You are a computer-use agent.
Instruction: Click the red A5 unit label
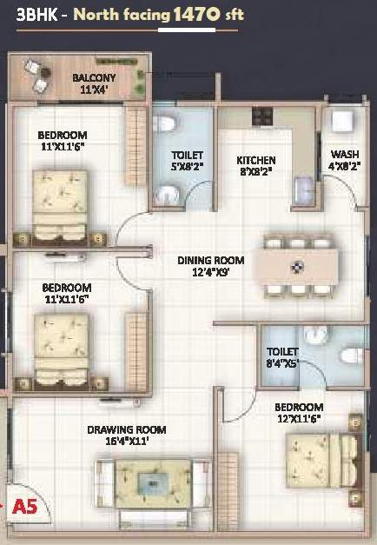coord(24,507)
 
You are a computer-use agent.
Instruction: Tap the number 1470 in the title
coord(196,15)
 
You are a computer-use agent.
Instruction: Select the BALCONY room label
coord(94,77)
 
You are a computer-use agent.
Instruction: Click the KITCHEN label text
coord(256,160)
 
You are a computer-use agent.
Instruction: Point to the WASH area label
coord(345,154)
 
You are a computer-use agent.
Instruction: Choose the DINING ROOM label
coord(210,261)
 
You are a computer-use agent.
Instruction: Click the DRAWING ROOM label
coord(127,430)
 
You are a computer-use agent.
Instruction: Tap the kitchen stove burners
coord(262,116)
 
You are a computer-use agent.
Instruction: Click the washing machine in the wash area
coord(342,121)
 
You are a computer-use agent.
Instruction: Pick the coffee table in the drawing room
coord(153,483)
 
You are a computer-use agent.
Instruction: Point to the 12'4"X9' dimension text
coord(210,272)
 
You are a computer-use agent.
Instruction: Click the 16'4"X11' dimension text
coord(127,442)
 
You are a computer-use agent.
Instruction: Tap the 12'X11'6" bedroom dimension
coord(299,419)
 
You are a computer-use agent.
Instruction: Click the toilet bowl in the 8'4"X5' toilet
coord(351,356)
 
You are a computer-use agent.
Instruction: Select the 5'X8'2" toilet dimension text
coord(187,167)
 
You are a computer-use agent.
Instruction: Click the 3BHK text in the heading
coord(36,16)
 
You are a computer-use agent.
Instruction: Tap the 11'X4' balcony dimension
coord(94,90)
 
